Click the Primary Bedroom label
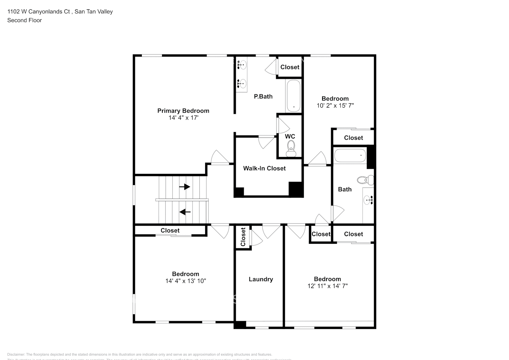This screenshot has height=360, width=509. (x=183, y=111)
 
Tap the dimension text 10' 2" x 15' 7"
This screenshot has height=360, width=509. (x=335, y=105)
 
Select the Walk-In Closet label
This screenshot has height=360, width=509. (x=264, y=168)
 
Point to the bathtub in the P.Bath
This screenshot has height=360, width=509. (x=293, y=96)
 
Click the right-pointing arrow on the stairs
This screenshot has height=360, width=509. (x=185, y=186)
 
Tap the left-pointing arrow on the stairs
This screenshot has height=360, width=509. (x=185, y=212)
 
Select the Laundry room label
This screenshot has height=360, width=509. (x=261, y=279)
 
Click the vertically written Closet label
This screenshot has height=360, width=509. (x=243, y=237)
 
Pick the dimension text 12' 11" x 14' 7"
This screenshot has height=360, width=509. (x=327, y=286)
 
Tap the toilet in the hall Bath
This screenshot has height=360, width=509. (x=364, y=179)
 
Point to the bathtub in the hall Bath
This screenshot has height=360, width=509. (x=350, y=156)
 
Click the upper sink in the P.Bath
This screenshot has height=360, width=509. (x=242, y=65)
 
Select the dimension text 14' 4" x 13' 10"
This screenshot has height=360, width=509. (x=185, y=281)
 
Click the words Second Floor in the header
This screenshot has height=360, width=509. (x=24, y=20)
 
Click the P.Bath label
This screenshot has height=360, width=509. (x=263, y=96)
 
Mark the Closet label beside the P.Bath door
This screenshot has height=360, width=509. (x=290, y=67)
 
